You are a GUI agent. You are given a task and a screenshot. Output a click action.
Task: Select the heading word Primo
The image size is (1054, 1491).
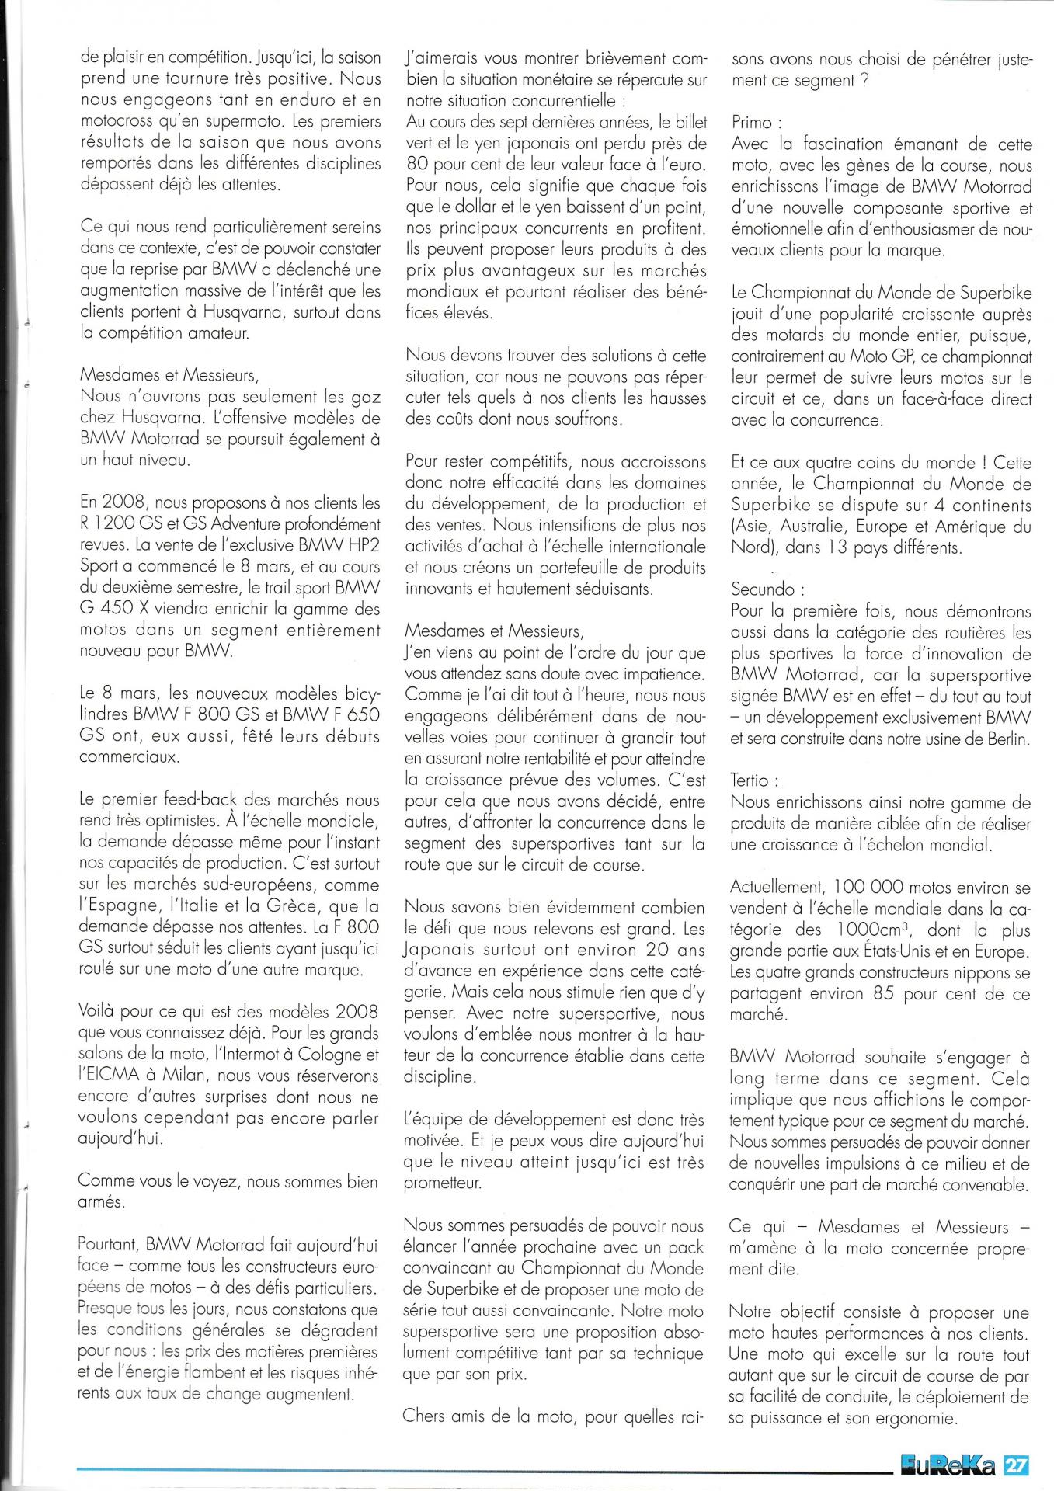(x=751, y=123)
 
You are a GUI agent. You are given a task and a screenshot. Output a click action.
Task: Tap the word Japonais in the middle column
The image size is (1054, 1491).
(x=437, y=951)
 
